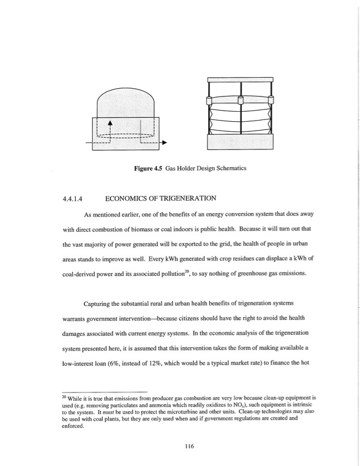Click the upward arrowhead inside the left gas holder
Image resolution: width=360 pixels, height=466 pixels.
(109, 122)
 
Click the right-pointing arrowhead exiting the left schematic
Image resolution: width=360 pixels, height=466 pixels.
(164, 143)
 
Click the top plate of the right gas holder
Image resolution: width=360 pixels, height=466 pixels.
(239, 79)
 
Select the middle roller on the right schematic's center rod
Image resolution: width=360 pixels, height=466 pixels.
(240, 100)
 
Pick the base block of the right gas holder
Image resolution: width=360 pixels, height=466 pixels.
(239, 143)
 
